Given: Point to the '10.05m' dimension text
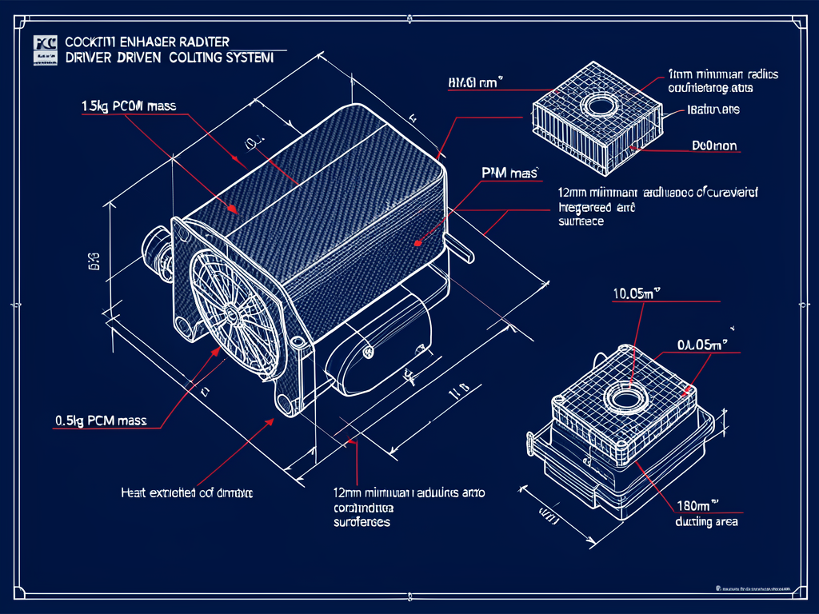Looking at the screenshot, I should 639,293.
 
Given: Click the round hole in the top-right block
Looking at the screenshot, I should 597,105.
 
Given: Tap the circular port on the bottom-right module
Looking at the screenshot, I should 623,396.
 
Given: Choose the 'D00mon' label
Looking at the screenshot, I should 713,146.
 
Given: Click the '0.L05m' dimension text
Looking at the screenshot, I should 701,345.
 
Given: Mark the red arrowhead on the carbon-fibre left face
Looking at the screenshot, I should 233,209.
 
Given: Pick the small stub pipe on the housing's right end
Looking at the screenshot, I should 461,250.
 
